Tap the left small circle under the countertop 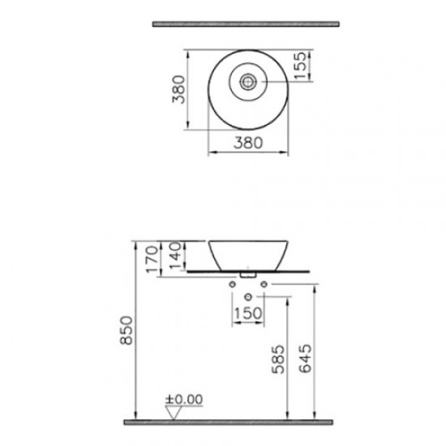coord(233,285)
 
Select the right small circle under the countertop coord(264,285)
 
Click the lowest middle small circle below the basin coord(248,297)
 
